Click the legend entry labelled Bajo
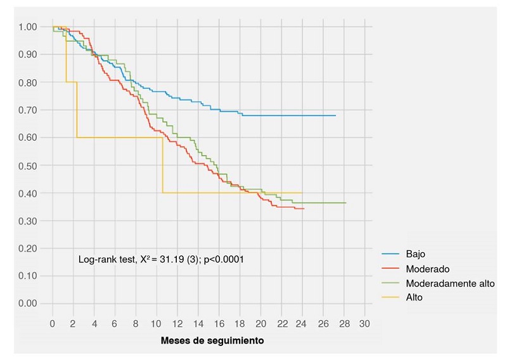(x=415, y=254)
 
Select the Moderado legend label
(x=427, y=269)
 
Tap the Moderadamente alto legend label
(x=450, y=283)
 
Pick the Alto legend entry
(x=414, y=297)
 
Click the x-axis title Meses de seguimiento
(x=212, y=340)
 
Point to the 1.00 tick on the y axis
(x=27, y=27)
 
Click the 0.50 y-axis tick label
(x=27, y=165)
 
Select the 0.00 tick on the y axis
(x=27, y=304)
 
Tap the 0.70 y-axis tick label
(x=27, y=110)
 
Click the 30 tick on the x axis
(x=364, y=324)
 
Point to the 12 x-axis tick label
(x=177, y=324)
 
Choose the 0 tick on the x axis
(x=53, y=324)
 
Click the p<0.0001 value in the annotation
(x=224, y=259)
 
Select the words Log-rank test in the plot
(x=107, y=259)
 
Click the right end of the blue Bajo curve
(x=335, y=115)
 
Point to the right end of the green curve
(x=345, y=203)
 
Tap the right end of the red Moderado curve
(x=304, y=209)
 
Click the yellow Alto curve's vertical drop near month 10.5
(x=163, y=165)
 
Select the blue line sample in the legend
(x=390, y=254)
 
